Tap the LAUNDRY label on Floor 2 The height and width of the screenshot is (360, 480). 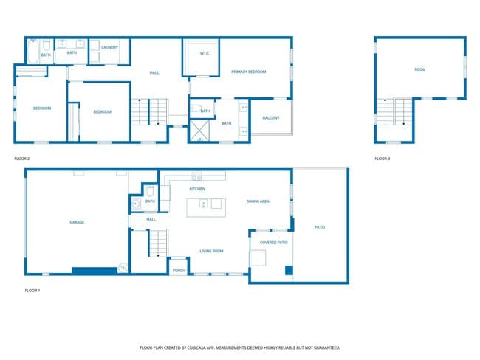[110, 47]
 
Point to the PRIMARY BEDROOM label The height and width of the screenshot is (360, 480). [248, 72]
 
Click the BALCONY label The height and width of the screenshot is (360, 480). [271, 117]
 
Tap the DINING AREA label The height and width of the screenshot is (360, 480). [257, 201]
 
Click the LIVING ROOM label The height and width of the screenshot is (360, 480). [211, 251]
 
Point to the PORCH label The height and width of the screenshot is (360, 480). [179, 271]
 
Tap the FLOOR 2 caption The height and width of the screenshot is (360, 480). [22, 159]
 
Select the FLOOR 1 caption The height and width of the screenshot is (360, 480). [32, 291]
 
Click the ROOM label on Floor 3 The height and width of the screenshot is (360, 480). [420, 70]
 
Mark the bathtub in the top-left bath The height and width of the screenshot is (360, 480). [32, 52]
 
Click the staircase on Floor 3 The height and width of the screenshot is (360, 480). [393, 112]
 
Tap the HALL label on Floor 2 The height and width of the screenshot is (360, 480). [154, 72]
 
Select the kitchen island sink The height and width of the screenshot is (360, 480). [202, 204]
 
